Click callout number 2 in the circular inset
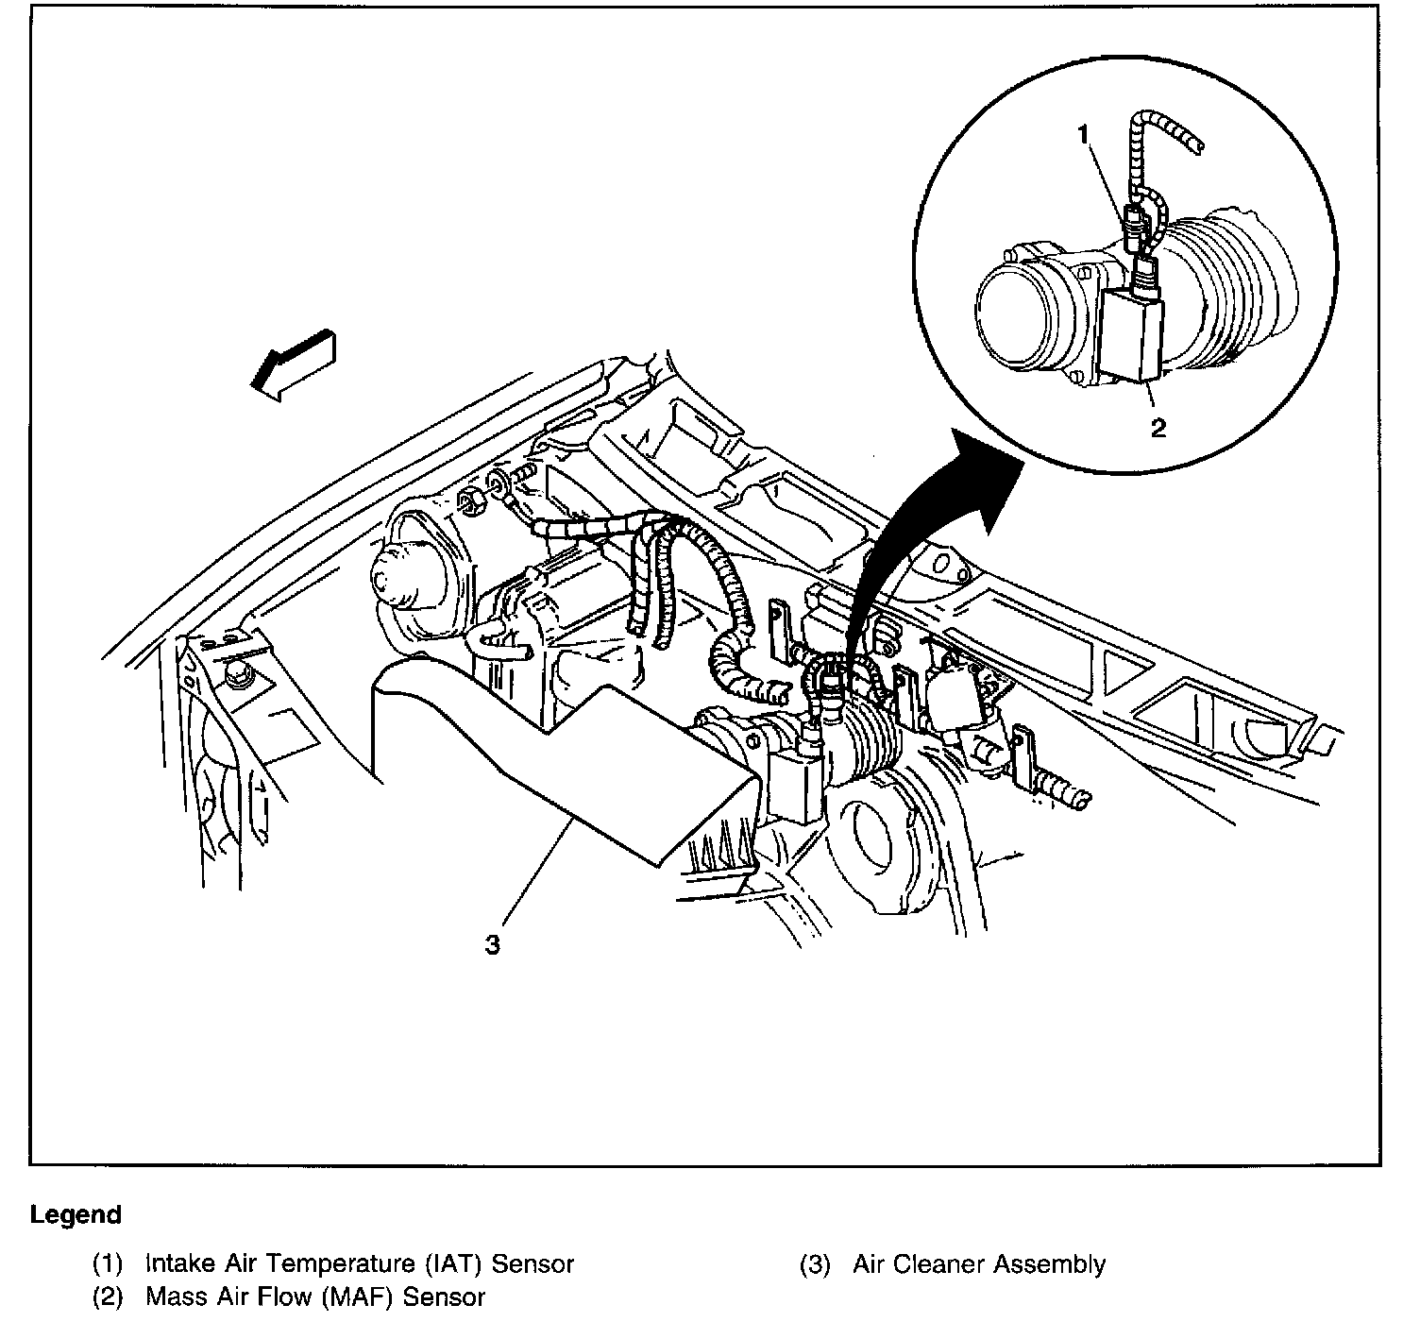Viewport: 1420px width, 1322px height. click(1158, 428)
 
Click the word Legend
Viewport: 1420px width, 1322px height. click(76, 1214)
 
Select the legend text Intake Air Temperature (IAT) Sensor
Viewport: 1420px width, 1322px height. click(360, 1263)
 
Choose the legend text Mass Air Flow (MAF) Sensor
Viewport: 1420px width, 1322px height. click(315, 1297)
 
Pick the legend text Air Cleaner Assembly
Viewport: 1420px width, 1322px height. click(979, 1263)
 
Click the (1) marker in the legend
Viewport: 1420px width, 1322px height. click(107, 1263)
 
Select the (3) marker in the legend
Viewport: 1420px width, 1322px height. click(815, 1263)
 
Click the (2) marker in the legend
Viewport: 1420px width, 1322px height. click(107, 1297)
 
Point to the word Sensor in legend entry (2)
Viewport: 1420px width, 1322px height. click(445, 1297)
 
